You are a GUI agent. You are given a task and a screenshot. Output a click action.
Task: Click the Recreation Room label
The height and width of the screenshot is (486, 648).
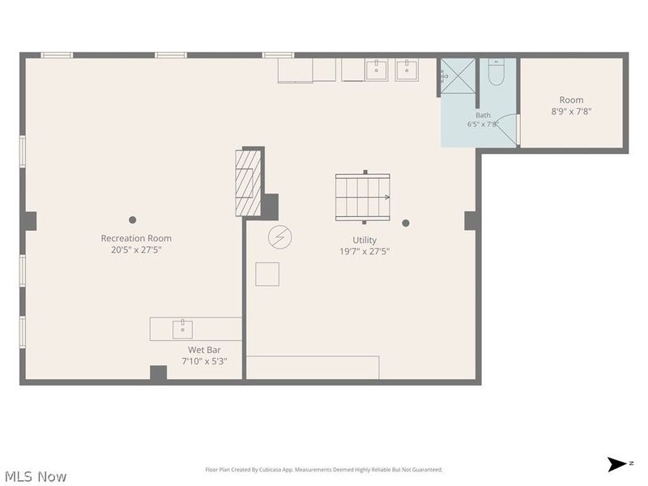[136, 238]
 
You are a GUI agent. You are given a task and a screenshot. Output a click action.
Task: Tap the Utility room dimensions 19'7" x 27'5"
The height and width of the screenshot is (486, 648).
[364, 251]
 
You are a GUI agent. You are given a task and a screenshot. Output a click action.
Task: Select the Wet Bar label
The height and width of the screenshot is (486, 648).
[204, 350]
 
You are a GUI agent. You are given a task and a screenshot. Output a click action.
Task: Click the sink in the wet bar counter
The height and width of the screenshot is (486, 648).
[182, 330]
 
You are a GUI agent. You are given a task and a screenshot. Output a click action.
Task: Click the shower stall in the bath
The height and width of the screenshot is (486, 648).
[458, 76]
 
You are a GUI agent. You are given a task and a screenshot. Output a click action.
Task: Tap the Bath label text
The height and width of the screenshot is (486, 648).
[483, 115]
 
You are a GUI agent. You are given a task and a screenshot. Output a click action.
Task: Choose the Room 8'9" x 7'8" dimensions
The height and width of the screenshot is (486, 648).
[571, 111]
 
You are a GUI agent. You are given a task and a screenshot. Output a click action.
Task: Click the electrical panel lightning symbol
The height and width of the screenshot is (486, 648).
[279, 237]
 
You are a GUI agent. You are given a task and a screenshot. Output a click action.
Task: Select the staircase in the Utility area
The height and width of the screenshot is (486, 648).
[363, 197]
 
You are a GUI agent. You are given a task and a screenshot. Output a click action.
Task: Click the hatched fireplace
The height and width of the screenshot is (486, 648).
[249, 183]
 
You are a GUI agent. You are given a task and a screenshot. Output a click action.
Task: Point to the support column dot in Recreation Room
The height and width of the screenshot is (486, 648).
[132, 220]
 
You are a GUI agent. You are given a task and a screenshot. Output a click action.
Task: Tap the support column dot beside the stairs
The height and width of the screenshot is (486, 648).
[406, 224]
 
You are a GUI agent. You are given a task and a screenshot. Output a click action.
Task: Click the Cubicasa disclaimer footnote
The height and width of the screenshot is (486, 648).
[324, 470]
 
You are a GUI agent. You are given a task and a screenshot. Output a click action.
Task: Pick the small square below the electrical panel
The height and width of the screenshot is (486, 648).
[267, 274]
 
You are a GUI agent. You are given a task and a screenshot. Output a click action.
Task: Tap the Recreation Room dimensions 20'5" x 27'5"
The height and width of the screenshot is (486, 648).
[136, 249]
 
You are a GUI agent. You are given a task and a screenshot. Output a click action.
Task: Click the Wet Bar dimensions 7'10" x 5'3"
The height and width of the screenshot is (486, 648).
[204, 361]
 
